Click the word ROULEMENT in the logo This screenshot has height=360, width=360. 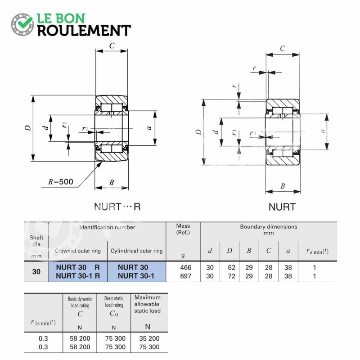coord(84,30)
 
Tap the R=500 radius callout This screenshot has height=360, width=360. coord(61,182)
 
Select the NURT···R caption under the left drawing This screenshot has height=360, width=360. coord(117,207)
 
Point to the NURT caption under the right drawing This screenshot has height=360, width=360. coord(282,207)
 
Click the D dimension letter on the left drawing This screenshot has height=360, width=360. coord(28,128)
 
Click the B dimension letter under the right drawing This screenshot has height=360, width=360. coord(283,186)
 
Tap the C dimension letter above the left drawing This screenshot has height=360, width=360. coord(112,46)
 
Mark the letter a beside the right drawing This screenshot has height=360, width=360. coord(323,130)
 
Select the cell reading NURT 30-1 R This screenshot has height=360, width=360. coord(78,276)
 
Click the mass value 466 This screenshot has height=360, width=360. coord(185,267)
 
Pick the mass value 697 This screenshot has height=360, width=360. coord(185,276)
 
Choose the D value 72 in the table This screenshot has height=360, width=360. coord(231,276)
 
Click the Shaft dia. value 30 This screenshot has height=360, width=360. coord(36,272)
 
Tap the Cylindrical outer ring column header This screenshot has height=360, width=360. coord(137,251)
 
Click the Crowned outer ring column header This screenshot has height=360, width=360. coord(78,251)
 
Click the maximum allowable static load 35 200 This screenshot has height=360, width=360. coord(149,338)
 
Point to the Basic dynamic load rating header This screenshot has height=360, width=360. coord(80,302)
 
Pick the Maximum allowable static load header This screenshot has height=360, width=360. coord(148,304)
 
